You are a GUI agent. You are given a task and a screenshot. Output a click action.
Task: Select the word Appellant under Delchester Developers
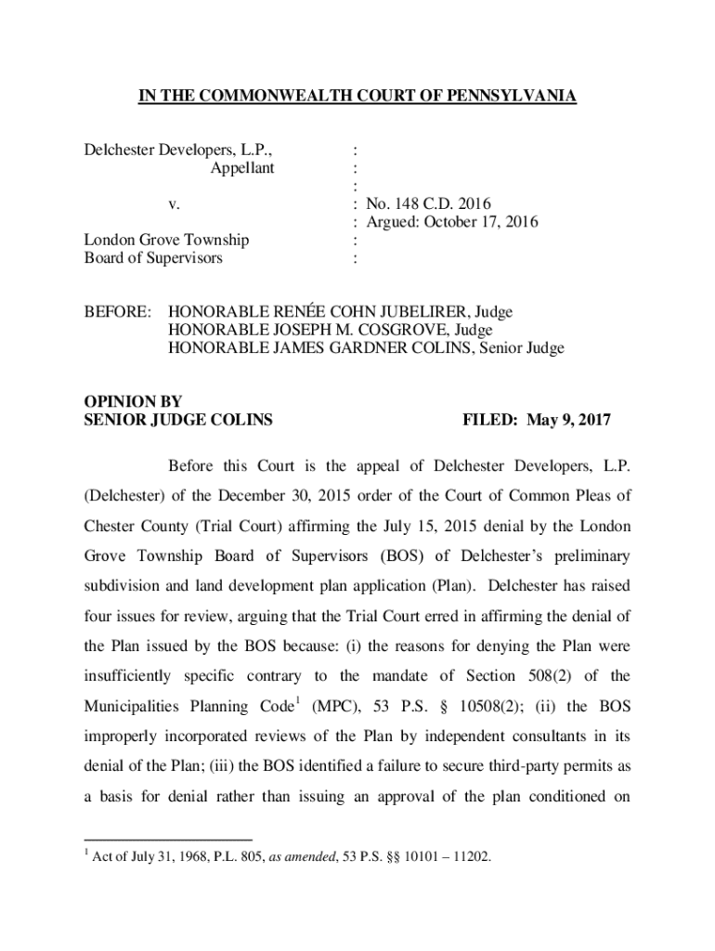tap(241, 168)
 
